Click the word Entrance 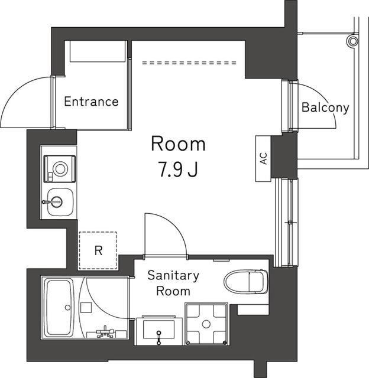[91, 102]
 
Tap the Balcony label [325, 107]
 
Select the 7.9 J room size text [178, 170]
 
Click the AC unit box [263, 158]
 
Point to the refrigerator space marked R [98, 250]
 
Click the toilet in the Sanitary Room [246, 282]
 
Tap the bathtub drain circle [68, 308]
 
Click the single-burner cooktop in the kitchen [60, 169]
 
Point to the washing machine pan [206, 324]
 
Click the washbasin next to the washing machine [159, 331]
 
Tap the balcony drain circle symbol [353, 41]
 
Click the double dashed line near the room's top [189, 63]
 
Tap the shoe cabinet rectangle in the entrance [98, 51]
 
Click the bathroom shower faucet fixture [105, 333]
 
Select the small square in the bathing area [86, 308]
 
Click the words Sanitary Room [173, 283]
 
